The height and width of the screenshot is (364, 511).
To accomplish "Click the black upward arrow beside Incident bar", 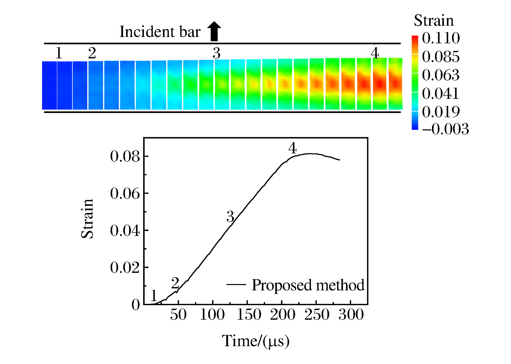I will pos(214,31).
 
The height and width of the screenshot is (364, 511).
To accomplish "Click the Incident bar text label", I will pos(160,32).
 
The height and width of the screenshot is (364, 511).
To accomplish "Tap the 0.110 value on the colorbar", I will pos(441,38).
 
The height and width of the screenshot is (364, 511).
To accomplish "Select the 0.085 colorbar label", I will pos(441,57).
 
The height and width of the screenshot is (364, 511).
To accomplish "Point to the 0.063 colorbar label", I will pos(441,75).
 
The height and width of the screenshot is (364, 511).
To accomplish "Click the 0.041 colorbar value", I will pos(441,93).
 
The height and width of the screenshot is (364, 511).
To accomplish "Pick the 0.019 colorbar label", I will pos(441,112).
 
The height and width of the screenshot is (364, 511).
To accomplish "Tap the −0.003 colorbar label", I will pos(445,129).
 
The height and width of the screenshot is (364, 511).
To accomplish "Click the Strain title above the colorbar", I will pos(434,20).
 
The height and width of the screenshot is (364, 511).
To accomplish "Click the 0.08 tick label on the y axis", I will pos(125,156).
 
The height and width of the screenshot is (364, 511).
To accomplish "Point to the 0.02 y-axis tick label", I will pos(125,267).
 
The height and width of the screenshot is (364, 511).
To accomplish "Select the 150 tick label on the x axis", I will pos(249,315).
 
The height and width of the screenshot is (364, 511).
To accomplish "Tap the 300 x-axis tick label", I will pos(351,315).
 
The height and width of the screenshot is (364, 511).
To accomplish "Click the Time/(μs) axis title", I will pos(256,341).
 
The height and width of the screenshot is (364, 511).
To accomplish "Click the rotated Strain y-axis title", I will pos(87,219).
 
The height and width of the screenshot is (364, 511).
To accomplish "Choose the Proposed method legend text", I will pos(308,285).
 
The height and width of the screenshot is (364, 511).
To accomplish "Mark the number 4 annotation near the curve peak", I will pos(292,148).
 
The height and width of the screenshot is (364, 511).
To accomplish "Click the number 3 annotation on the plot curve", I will pos(230,217).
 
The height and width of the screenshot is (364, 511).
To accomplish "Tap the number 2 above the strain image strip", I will pos(92,53).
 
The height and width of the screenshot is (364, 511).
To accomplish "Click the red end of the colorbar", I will pos(415,40).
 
